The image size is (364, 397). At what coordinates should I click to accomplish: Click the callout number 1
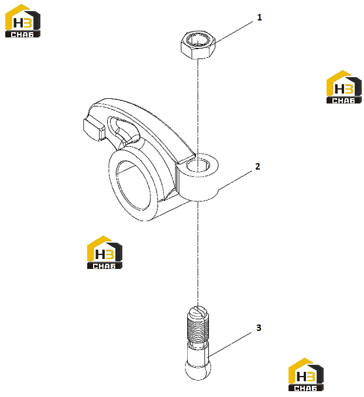click(x=259, y=18)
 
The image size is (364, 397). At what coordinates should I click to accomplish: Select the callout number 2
click(x=257, y=167)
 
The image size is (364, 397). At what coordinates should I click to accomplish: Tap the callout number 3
click(x=258, y=327)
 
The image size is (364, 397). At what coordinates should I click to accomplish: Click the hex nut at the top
click(x=198, y=45)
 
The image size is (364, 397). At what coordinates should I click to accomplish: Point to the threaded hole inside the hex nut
click(x=198, y=40)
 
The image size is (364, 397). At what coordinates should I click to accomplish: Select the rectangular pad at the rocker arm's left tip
click(x=93, y=129)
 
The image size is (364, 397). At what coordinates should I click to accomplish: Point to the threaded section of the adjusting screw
click(x=198, y=329)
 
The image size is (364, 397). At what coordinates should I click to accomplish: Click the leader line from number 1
click(x=233, y=32)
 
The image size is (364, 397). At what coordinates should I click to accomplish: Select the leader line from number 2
click(x=235, y=180)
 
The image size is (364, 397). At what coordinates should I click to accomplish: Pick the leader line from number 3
click(x=230, y=344)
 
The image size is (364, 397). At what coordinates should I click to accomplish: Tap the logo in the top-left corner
click(x=23, y=21)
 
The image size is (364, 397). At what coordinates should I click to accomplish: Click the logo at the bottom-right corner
click(x=306, y=375)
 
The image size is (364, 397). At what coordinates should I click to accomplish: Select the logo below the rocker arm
click(x=104, y=253)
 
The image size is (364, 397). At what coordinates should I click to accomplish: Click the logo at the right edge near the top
click(x=344, y=87)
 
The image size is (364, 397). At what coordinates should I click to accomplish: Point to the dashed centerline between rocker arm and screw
click(x=198, y=253)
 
